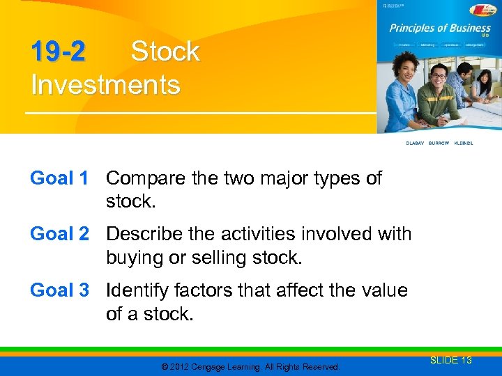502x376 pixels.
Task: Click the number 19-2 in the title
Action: click(58, 52)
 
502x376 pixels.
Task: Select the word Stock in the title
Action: click(165, 52)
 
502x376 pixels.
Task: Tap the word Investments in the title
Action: click(105, 85)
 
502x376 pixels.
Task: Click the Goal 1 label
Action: click(59, 178)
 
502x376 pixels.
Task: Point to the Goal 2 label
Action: click(59, 234)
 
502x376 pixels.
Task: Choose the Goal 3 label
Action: click(59, 290)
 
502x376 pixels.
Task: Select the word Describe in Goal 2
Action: click(146, 234)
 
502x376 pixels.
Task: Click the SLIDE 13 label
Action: click(451, 360)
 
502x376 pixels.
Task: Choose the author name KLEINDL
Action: click(463, 143)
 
